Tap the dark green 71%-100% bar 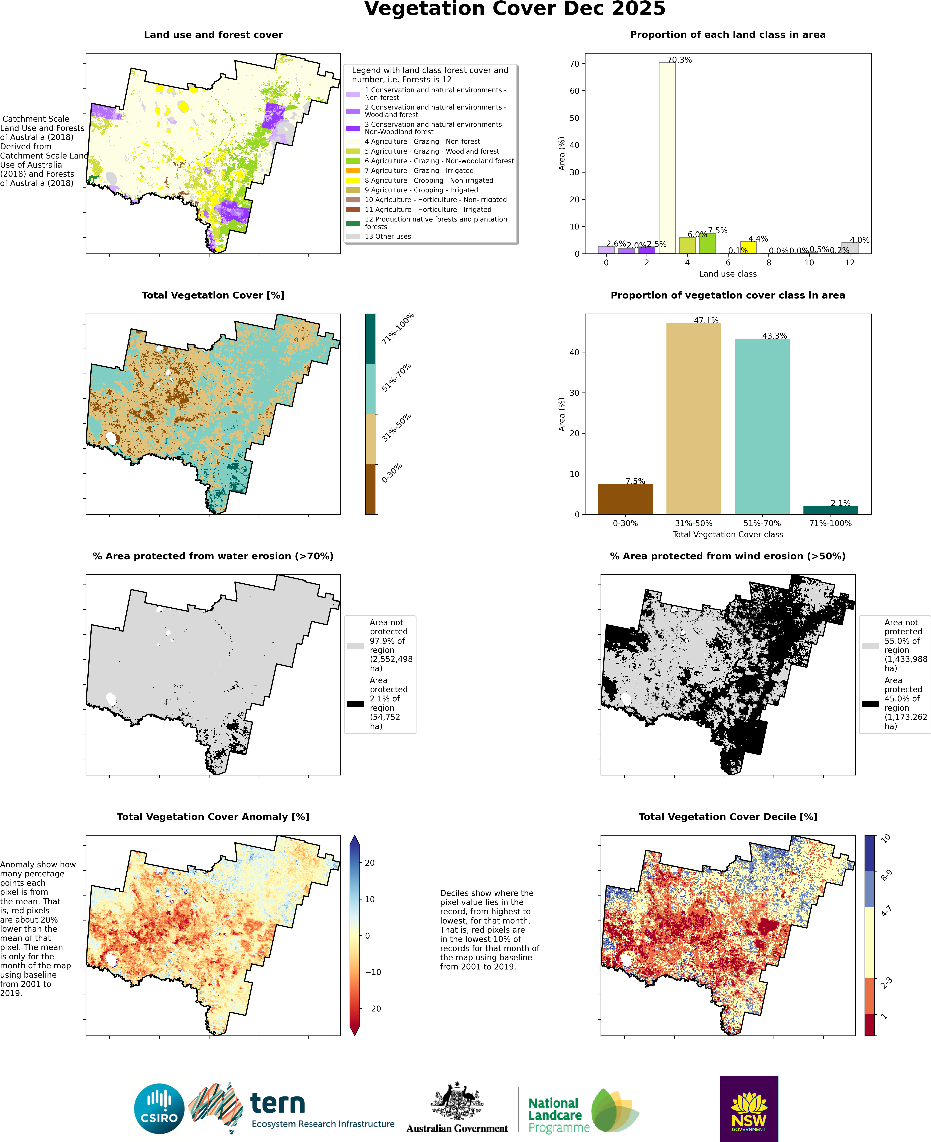coord(830,510)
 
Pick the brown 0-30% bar coord(625,499)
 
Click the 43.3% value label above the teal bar coord(774,336)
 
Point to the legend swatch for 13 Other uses coord(353,236)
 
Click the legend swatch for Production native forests coord(353,223)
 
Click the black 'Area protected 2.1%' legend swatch coord(355,704)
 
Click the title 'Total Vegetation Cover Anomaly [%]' coord(213,817)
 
